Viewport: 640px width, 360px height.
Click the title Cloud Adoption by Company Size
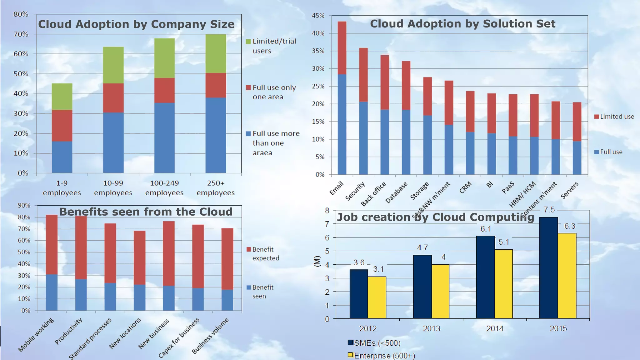tap(136, 24)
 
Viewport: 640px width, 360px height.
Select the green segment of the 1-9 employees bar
tap(62, 97)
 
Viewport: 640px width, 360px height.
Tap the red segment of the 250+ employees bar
tap(216, 85)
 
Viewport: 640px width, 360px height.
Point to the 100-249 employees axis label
tap(164, 188)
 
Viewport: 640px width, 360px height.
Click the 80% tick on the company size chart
tap(21, 14)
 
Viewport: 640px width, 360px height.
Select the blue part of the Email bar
tap(342, 124)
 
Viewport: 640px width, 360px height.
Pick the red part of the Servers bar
tap(577, 122)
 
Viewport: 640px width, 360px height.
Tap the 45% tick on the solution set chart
tap(318, 16)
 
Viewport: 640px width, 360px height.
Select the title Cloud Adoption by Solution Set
tap(462, 24)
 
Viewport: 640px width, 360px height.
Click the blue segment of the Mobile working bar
tap(52, 292)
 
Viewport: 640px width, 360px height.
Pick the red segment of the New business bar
tap(169, 253)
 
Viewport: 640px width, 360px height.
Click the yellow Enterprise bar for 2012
tap(377, 297)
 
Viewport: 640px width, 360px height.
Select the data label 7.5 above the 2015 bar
tap(549, 210)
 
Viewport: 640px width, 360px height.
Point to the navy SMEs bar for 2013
tap(422, 287)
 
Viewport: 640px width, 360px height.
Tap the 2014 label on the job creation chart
tap(495, 328)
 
